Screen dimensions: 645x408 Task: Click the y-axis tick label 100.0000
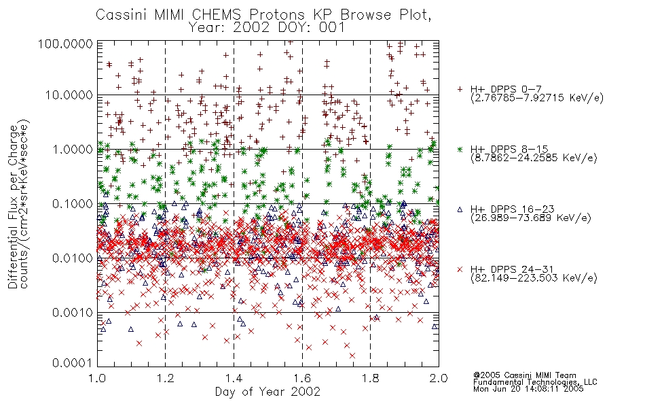click(66, 44)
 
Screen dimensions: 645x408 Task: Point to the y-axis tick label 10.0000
click(69, 95)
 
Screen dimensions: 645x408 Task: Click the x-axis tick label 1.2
click(166, 378)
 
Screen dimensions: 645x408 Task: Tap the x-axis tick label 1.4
click(234, 378)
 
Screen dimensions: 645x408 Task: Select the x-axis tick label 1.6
click(302, 378)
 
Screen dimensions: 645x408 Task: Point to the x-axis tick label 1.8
click(370, 378)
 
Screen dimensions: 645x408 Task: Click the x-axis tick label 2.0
click(439, 378)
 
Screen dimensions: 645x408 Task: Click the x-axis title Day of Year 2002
click(268, 392)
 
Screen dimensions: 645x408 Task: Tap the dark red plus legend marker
click(460, 89)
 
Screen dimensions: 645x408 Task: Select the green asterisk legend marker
click(460, 149)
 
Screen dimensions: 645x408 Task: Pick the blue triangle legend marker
click(460, 209)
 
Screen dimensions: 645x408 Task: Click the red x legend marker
click(460, 269)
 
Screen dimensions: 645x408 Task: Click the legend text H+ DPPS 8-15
click(509, 149)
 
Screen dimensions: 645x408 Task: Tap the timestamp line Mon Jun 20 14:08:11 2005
click(528, 388)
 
